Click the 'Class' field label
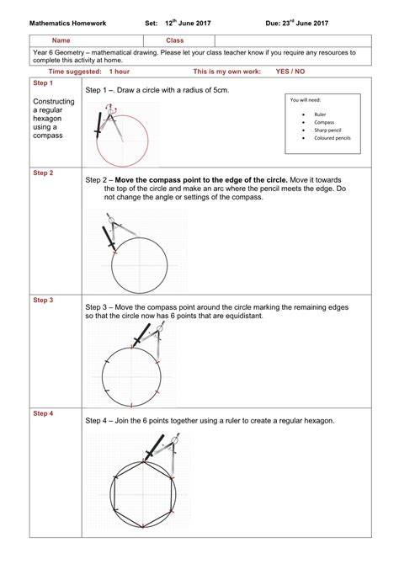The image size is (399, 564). (x=174, y=40)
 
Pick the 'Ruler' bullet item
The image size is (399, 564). (x=320, y=114)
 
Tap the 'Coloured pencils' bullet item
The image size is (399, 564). (x=332, y=138)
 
